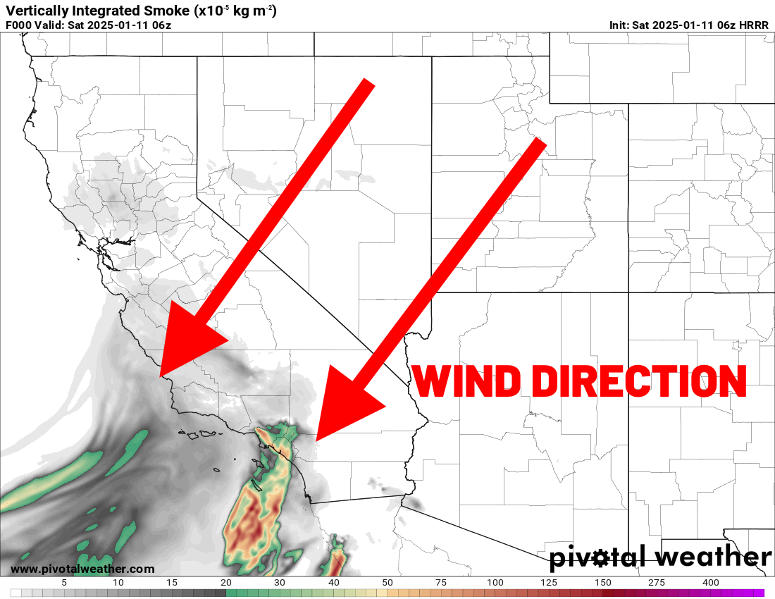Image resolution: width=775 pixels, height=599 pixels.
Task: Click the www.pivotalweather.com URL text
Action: click(82, 569)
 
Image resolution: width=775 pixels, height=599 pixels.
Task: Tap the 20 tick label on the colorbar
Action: click(225, 583)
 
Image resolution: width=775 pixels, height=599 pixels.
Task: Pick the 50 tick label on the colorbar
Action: click(387, 583)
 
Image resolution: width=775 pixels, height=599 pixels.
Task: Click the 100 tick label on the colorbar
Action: click(495, 583)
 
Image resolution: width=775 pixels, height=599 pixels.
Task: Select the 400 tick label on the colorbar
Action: click(711, 583)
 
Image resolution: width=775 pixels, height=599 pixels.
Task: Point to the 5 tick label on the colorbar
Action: click(64, 583)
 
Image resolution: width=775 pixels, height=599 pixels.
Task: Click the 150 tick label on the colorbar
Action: click(603, 583)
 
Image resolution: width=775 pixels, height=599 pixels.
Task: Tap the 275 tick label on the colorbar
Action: click(657, 583)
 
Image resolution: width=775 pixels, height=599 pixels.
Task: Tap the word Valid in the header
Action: click(50, 25)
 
